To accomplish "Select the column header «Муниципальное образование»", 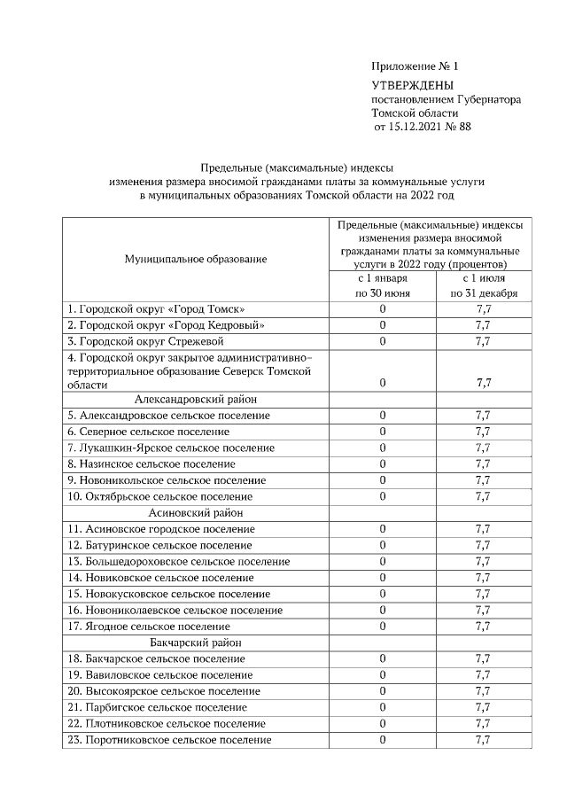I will [x=196, y=258].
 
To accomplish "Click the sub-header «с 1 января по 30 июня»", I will [x=383, y=285].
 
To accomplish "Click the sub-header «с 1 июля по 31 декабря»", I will [x=484, y=285].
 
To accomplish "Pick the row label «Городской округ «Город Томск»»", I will [x=156, y=308].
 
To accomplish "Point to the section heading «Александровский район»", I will [x=196, y=399].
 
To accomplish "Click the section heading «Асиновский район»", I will [x=196, y=512].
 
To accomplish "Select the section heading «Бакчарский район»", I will [x=196, y=642].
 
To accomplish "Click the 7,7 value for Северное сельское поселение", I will [x=484, y=432].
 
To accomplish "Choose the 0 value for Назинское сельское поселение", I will [x=383, y=463].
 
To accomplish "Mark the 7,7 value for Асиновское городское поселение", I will [x=484, y=529].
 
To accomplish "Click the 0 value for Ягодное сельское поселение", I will [x=383, y=627].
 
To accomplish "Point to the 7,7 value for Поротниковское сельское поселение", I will [x=484, y=740].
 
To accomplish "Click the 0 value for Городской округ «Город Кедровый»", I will [x=383, y=324].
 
